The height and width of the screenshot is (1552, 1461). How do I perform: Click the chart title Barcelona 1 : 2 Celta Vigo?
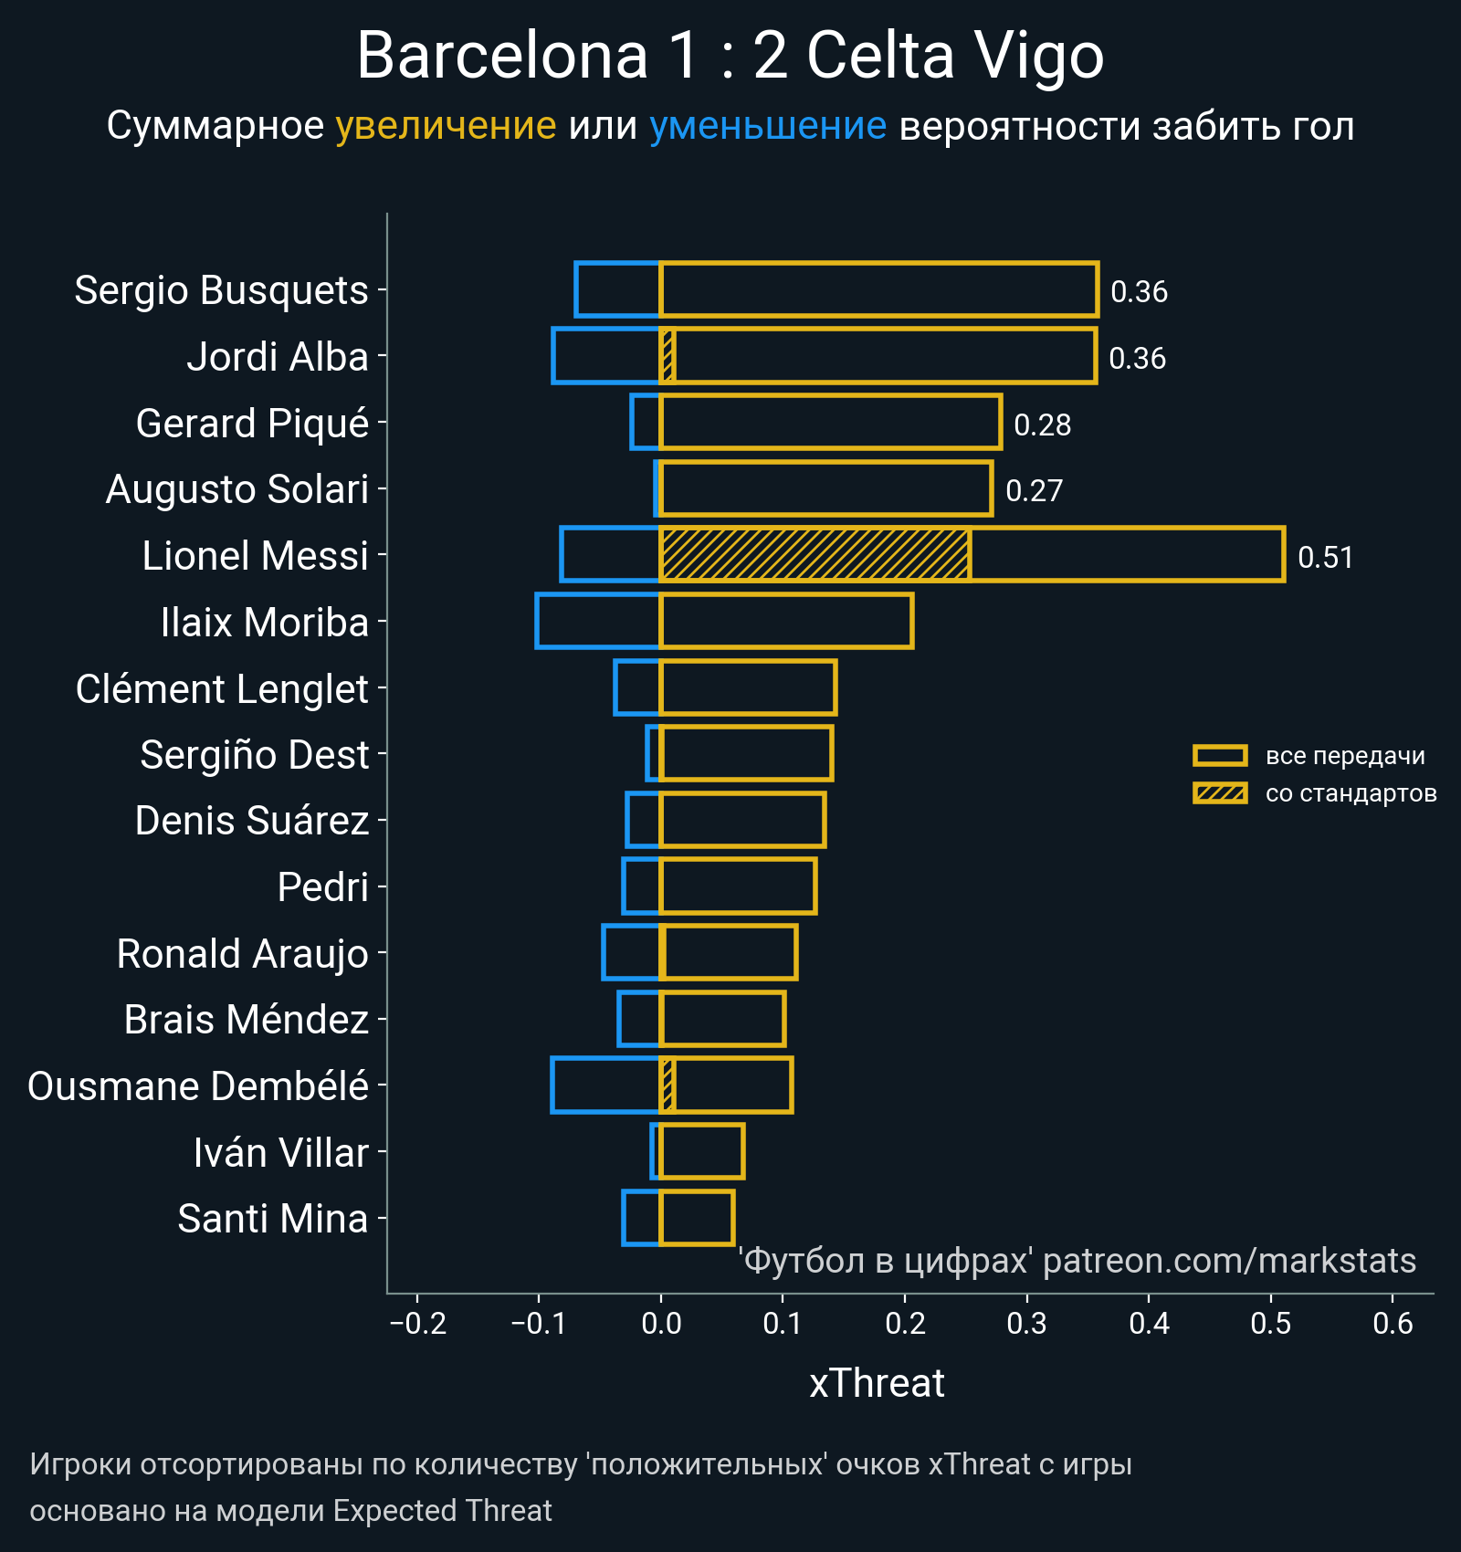coord(730,57)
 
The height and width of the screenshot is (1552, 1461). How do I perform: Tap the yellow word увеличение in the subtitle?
coord(446,126)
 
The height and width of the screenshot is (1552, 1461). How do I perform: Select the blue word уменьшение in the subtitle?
coord(767,126)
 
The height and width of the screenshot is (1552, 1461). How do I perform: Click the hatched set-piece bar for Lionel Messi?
coord(815,554)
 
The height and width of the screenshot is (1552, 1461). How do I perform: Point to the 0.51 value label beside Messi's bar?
coord(1325,557)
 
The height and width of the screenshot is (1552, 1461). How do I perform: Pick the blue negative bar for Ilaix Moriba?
coord(597,621)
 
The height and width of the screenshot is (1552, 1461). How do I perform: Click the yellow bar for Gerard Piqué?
coord(830,422)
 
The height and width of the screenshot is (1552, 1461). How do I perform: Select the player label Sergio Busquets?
coord(221,290)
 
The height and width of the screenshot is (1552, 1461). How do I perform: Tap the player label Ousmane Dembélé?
coord(198,1086)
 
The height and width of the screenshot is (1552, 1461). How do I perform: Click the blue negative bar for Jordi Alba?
coord(605,355)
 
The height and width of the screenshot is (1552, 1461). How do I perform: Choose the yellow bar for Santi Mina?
coord(697,1218)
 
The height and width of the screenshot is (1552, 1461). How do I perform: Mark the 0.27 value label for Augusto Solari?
coord(1034,491)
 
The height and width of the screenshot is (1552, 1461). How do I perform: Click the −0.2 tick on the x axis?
coord(417,1323)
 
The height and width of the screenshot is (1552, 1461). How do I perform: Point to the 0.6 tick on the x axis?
coord(1393,1323)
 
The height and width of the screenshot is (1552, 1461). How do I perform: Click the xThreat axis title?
coord(877,1383)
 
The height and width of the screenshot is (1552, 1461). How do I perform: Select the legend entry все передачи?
coord(1344,756)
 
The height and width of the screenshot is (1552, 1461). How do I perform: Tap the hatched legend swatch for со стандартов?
coord(1220,793)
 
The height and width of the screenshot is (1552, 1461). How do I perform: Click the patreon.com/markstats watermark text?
coord(1229,1261)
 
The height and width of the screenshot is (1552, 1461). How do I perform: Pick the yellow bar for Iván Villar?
coord(701,1151)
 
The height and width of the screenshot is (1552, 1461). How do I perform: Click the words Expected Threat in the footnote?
coord(442,1511)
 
